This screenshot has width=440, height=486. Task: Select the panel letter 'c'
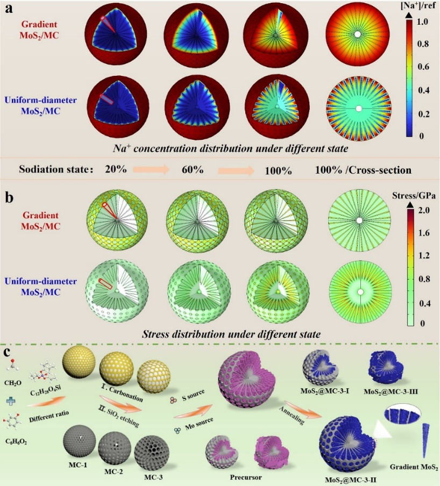(x=7, y=353)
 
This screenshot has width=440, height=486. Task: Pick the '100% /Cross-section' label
(x=364, y=170)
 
